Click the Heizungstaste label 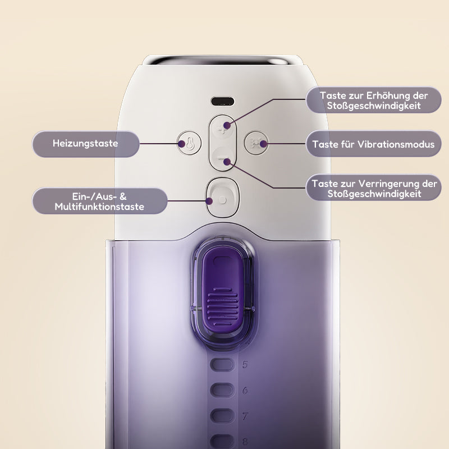(85, 144)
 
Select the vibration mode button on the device (256, 143)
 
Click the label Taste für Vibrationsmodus (373, 144)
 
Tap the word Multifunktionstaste (99, 207)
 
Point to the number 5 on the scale (245, 365)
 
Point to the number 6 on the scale (245, 391)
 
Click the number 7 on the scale (245, 416)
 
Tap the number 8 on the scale (245, 441)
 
